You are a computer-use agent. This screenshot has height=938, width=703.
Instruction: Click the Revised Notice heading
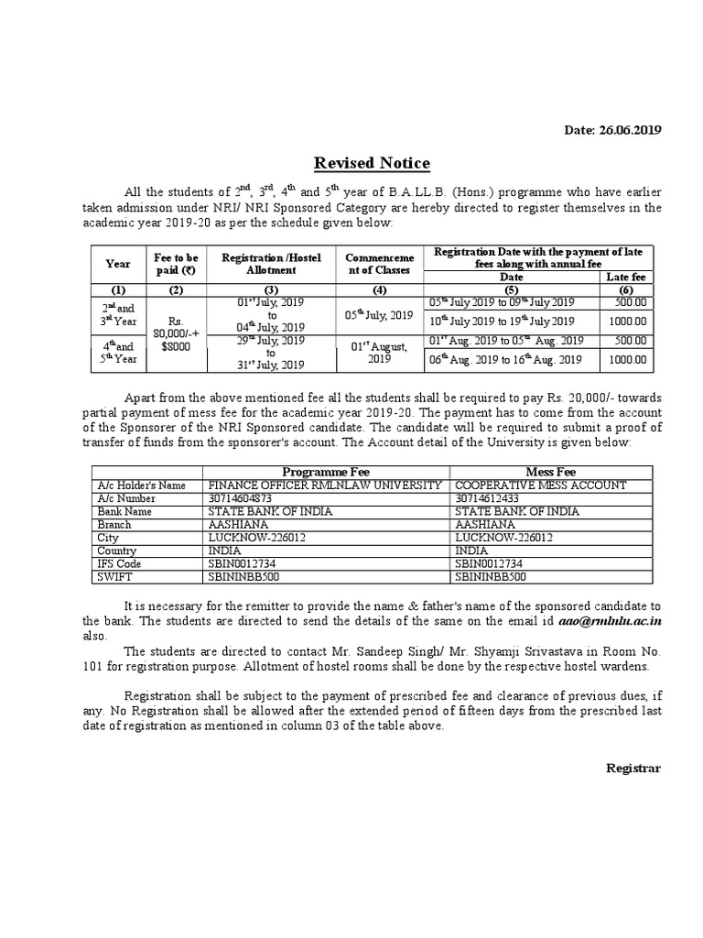click(x=372, y=164)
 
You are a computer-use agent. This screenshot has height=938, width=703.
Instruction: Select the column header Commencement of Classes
click(x=378, y=264)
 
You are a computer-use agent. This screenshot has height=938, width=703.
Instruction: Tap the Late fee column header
click(x=626, y=277)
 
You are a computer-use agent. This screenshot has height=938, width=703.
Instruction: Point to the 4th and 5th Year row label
click(x=118, y=353)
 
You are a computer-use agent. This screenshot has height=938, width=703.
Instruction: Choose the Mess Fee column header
click(x=552, y=471)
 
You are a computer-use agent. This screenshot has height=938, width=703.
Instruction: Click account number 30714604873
click(x=241, y=498)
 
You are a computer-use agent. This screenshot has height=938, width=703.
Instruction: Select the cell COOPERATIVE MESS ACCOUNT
click(x=540, y=485)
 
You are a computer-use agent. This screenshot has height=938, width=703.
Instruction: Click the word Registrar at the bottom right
click(x=633, y=768)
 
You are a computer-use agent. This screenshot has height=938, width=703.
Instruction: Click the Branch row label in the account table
click(x=114, y=525)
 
